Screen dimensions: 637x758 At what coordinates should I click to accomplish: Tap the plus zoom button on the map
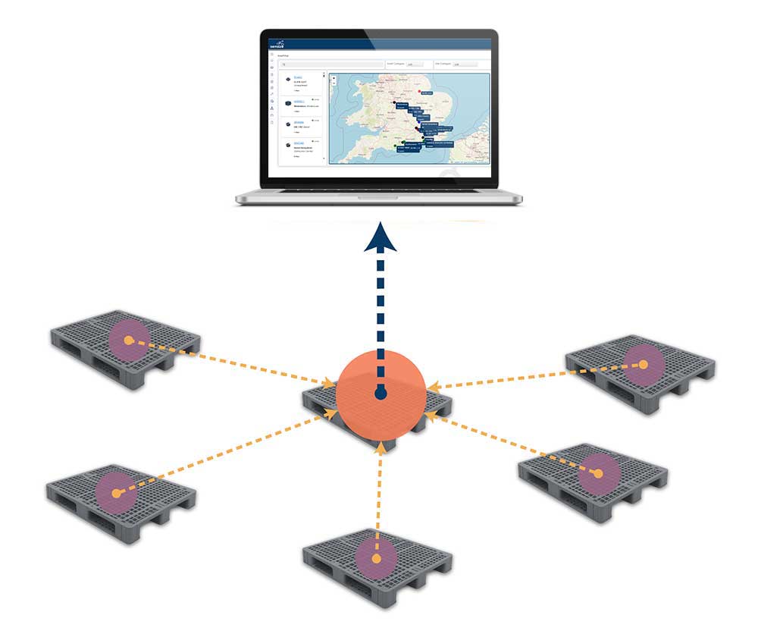(x=334, y=78)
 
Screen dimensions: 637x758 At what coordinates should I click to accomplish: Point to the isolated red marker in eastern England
(x=419, y=91)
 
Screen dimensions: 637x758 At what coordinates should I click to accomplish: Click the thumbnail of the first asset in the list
(x=287, y=80)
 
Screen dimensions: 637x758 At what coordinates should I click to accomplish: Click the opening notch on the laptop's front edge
(x=378, y=199)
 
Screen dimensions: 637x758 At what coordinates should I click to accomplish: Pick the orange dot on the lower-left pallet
(x=116, y=493)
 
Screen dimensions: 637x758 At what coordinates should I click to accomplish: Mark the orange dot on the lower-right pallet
(x=598, y=474)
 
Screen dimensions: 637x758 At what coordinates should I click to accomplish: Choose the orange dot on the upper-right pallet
(x=643, y=365)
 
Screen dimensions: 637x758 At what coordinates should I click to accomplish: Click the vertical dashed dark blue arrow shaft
(x=379, y=318)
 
